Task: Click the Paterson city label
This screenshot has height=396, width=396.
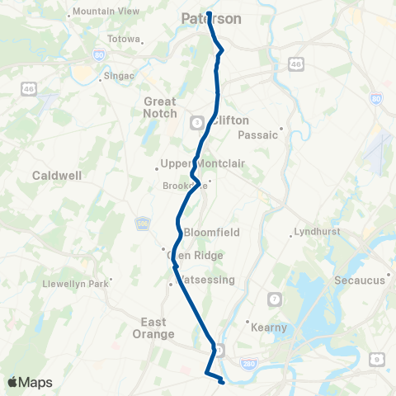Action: click(x=211, y=17)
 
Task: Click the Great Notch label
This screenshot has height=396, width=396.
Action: click(x=160, y=107)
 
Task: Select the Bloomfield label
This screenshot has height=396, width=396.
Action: click(x=211, y=233)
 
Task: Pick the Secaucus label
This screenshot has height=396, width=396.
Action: click(x=360, y=280)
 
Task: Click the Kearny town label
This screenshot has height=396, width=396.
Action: click(x=269, y=328)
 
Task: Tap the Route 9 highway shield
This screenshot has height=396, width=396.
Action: click(x=376, y=358)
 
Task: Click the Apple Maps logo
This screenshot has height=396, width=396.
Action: click(x=30, y=382)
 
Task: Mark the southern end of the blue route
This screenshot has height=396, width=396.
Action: click(x=223, y=382)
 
